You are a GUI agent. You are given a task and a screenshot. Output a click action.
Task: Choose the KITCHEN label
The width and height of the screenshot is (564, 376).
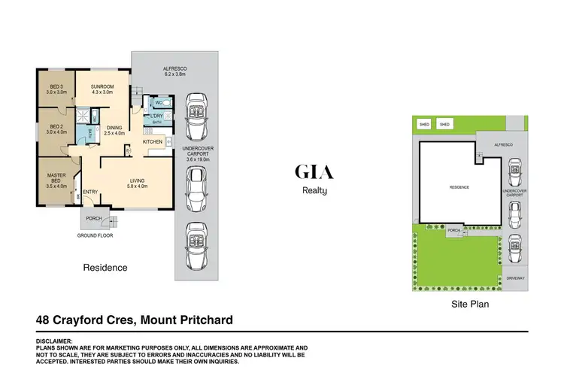[x=153, y=141]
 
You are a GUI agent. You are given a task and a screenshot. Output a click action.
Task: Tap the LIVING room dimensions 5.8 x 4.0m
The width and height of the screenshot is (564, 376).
[x=138, y=186]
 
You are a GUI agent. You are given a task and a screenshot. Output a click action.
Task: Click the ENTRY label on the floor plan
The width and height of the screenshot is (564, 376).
[x=90, y=192]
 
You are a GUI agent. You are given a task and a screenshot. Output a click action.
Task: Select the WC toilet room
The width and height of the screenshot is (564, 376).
[x=159, y=102]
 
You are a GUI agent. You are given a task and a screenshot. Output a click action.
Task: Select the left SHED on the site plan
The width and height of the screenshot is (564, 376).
[x=424, y=124]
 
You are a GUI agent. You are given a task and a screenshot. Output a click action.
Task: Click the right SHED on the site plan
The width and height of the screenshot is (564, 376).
[x=444, y=124]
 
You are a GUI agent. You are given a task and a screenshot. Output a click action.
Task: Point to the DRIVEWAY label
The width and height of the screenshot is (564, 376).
[x=514, y=277]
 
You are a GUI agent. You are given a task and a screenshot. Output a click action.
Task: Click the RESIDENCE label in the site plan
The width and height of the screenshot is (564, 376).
[x=459, y=186]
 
